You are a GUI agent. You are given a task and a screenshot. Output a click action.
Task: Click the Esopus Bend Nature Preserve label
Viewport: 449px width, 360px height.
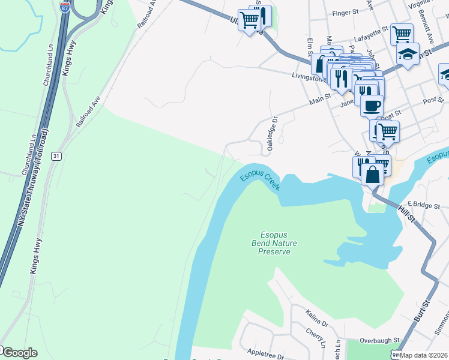tap(274, 243)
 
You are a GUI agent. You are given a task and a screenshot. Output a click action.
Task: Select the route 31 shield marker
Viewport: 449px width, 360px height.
tap(56, 156)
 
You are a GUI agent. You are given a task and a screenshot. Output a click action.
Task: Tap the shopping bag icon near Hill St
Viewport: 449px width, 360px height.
tap(373, 174)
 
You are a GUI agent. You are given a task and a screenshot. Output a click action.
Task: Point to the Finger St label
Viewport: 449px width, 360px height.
tap(345, 12)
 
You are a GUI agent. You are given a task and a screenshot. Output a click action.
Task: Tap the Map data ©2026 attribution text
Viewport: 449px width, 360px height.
tap(424, 355)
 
